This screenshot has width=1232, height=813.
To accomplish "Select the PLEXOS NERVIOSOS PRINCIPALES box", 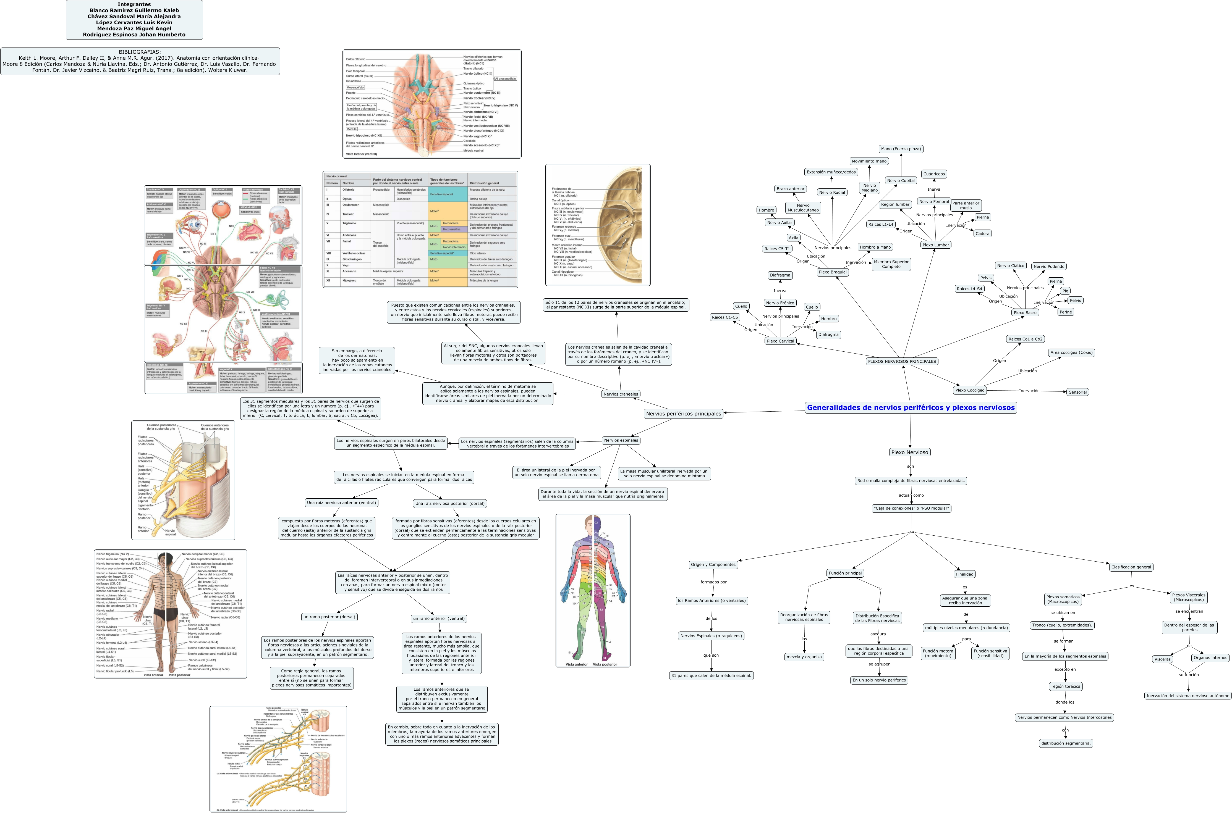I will pyautogui.click(x=902, y=361).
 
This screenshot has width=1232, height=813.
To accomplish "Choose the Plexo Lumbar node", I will pyautogui.click(x=936, y=245).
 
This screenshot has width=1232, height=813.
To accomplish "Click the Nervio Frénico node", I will pyautogui.click(x=780, y=303).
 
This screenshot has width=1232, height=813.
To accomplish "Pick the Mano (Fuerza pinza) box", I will pyautogui.click(x=901, y=149).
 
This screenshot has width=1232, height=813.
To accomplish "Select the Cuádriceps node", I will pyautogui.click(x=934, y=174).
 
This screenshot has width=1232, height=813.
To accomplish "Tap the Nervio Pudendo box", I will pyautogui.click(x=1048, y=267).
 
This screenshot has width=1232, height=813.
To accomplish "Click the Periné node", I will pyautogui.click(x=1066, y=312).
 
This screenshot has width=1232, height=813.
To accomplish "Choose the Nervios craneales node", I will pyautogui.click(x=620, y=394).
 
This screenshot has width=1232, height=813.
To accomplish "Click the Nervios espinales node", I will pyautogui.click(x=621, y=440).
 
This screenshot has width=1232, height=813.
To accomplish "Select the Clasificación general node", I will pyautogui.click(x=1131, y=567).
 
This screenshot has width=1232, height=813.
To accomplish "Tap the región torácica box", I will pyautogui.click(x=1066, y=686).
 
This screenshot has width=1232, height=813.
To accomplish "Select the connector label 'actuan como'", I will pyautogui.click(x=911, y=495).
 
